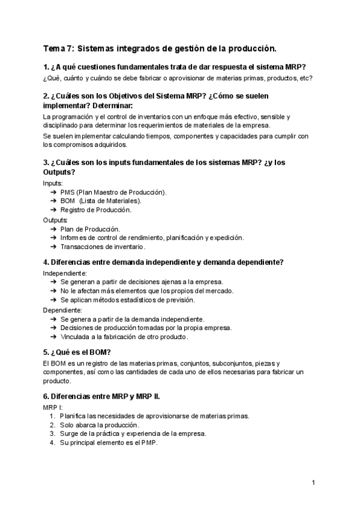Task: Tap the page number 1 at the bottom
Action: point(314,482)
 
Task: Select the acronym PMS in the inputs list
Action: point(67,192)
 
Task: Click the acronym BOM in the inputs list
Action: point(68,201)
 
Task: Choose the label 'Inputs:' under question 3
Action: point(53,183)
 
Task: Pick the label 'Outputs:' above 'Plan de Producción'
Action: point(55,220)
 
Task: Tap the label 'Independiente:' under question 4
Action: point(65,273)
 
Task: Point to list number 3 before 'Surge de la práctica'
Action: point(52,434)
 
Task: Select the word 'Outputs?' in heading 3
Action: point(59,172)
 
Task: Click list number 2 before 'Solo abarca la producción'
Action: point(52,425)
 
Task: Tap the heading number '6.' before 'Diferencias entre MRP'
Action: point(46,396)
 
